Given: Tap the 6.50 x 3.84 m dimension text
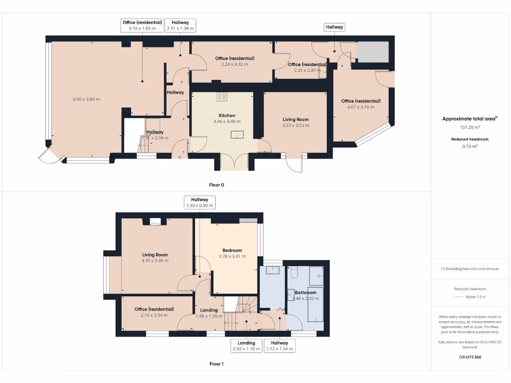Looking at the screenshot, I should pos(86,99).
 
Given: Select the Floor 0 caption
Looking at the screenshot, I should pos(216,185).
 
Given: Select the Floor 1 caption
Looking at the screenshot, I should pos(216,364).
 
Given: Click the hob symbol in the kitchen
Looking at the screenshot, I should pos(222,97).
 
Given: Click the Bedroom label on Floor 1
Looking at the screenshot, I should pos(232,250).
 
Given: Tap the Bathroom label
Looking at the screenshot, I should pos(305,293).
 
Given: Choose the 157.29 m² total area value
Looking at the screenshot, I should pos(470,127).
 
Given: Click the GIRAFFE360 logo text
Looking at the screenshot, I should pos(470,357).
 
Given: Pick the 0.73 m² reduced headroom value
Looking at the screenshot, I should pos(470,146).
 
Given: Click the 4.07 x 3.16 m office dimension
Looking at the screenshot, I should pos(361,107).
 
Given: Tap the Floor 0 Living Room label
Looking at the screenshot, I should pos(295,119).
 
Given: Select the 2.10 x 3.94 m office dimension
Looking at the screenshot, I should pos(154,315).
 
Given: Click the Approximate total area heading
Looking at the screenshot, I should pos(470,119).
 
